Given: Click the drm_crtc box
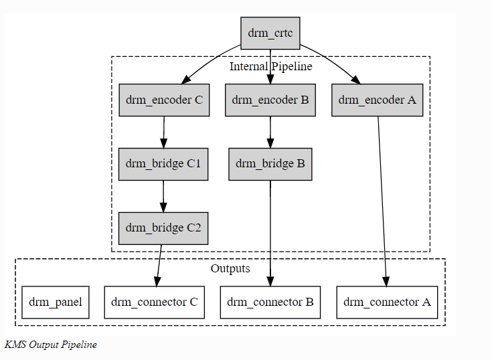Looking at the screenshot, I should coord(270,33).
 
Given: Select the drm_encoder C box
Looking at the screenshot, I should coord(164,100).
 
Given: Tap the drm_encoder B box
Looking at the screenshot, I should coord(270,100).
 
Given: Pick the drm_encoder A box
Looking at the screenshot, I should coord(377,100).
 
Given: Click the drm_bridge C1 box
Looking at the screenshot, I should coord(163,164).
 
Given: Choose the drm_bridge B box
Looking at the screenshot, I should coord(270,164).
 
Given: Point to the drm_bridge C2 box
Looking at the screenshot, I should coord(163,228).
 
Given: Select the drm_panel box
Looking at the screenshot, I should coord(56,302).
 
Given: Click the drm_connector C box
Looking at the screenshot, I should coord(163,302).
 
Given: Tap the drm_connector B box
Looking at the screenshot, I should coord(270,302).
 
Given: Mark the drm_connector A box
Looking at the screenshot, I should coord(387,302).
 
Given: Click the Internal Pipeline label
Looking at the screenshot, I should coord(270,66).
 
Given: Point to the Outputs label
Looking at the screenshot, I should coord(230,269).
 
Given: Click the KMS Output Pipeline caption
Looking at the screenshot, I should coord(50,345).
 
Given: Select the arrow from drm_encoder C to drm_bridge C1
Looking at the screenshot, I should coord(164,132).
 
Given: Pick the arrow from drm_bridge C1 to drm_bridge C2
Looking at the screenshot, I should coord(163,196).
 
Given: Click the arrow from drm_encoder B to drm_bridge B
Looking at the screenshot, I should coord(270,132).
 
